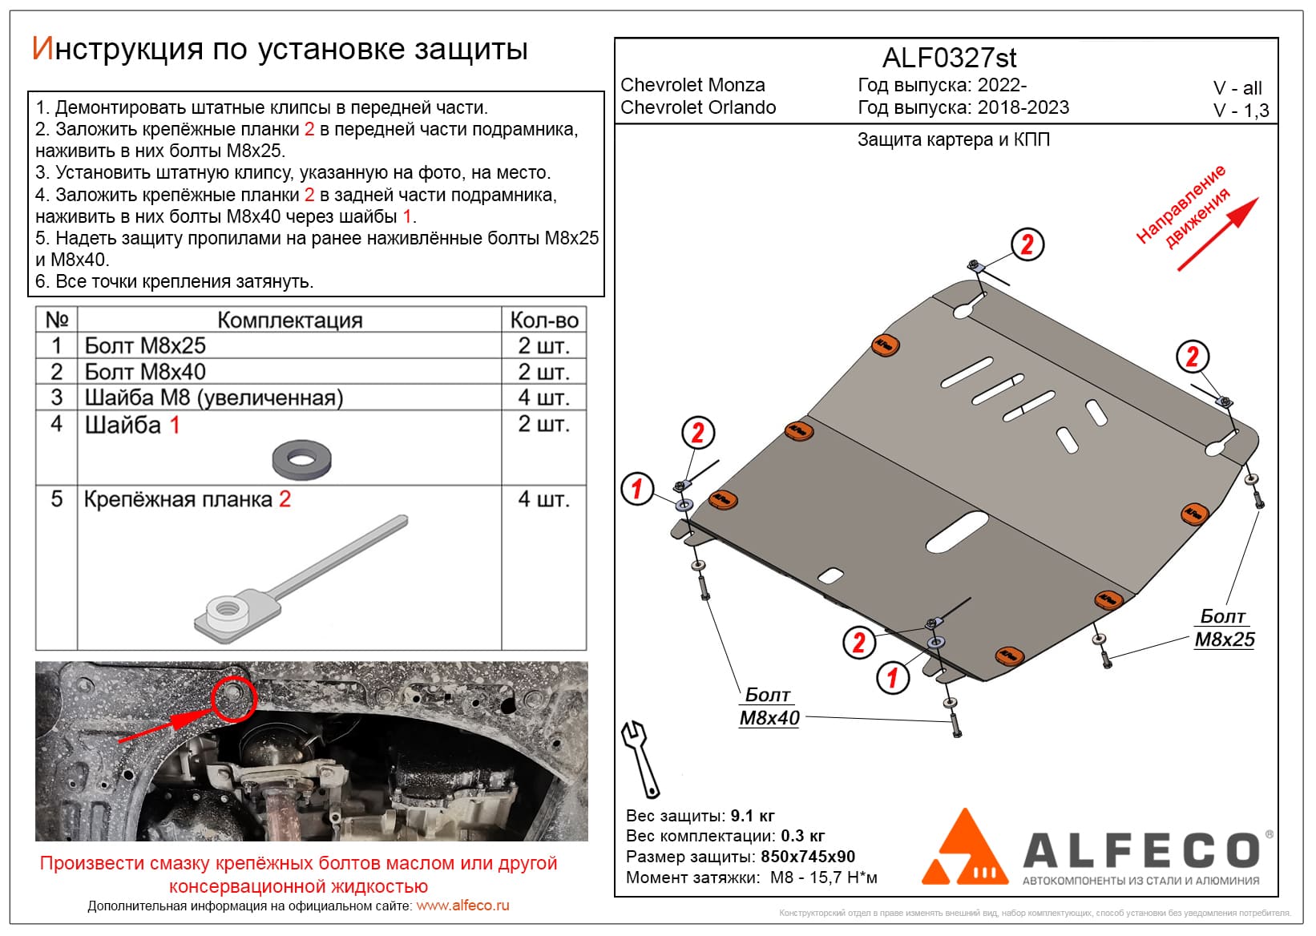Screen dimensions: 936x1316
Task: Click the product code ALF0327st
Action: point(949,58)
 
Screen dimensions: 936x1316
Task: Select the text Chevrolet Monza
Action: point(692,85)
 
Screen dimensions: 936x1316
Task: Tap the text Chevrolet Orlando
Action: point(698,107)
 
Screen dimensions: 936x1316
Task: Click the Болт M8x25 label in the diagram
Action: point(1224,628)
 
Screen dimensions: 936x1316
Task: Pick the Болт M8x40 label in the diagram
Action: point(769,707)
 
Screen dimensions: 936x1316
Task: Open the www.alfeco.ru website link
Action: point(462,906)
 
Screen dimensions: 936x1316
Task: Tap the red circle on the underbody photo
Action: point(233,697)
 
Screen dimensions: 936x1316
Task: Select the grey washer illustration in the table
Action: point(301,458)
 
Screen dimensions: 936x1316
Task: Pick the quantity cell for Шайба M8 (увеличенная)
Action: point(543,397)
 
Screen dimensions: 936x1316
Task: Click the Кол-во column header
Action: point(543,321)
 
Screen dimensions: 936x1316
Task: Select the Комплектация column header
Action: point(289,321)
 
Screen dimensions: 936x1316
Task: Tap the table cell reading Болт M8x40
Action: point(145,372)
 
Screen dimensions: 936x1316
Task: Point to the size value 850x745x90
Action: point(807,857)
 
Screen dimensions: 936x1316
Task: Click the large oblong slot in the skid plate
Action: point(957,532)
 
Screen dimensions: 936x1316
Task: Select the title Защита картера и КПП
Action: point(953,140)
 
